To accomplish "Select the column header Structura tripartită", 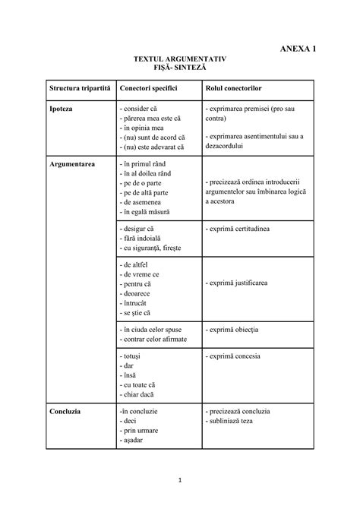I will [x=80, y=89].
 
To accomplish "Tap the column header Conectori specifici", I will [x=148, y=89].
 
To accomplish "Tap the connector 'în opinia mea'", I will [x=147, y=128].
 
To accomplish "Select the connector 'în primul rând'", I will [x=147, y=164].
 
